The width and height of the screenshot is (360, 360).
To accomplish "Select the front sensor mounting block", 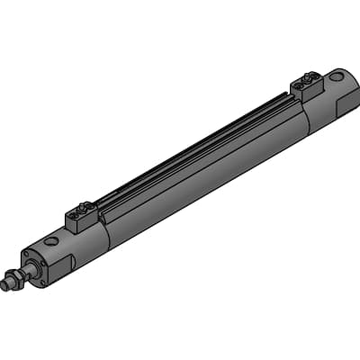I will [80, 219].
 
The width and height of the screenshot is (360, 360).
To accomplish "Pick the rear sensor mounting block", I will [307, 86].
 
